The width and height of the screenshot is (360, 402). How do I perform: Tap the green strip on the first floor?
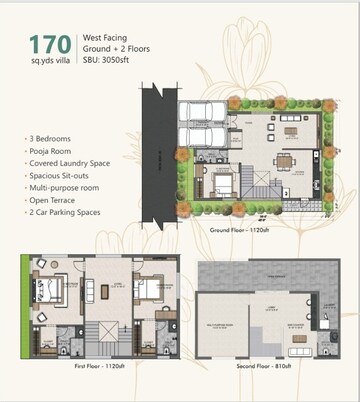point(23,300)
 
